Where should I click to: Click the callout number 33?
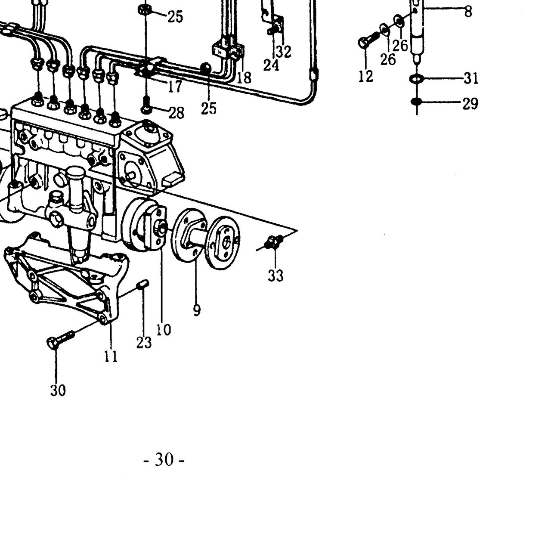click(275, 275)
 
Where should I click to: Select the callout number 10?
click(164, 330)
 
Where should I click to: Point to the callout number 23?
click(144, 343)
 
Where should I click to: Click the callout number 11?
click(111, 356)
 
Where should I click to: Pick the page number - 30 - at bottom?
click(164, 459)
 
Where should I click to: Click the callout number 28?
click(176, 113)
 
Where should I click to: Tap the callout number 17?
click(175, 87)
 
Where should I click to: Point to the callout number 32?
click(284, 52)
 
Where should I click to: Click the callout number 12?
click(366, 76)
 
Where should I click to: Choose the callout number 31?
click(471, 78)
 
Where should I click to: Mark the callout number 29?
click(471, 103)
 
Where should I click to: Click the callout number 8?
click(468, 12)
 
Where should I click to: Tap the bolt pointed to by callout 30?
click(60, 338)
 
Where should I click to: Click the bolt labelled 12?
click(368, 40)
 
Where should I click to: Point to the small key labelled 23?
click(143, 284)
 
